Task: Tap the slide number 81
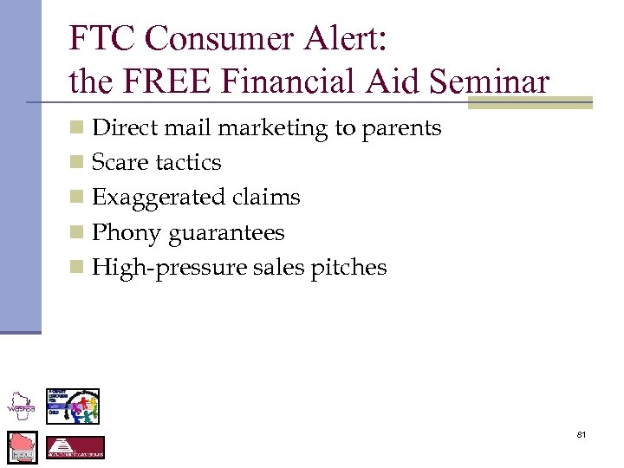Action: (x=582, y=433)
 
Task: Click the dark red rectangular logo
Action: (x=75, y=447)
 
